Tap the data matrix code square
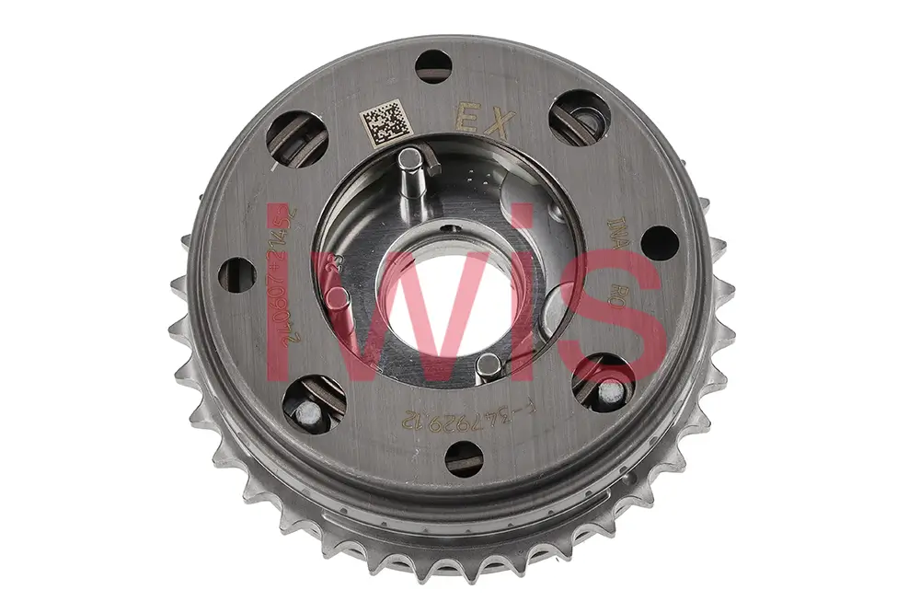(x=382, y=123)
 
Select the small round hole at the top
(x=432, y=66)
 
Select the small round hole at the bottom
(x=463, y=457)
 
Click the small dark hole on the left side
(x=236, y=275)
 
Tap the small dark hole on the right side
(x=659, y=243)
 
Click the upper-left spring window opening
(x=297, y=138)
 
